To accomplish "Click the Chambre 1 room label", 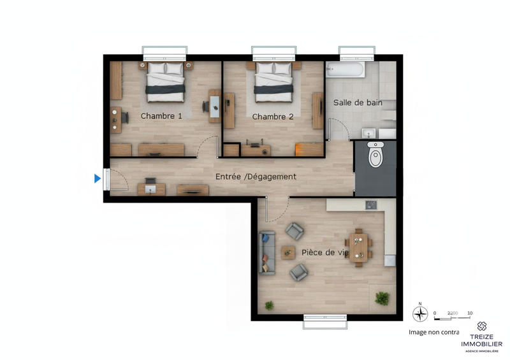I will tap(161, 116).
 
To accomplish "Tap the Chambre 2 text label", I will tap(273, 117).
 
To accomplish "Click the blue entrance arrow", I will tap(98, 178).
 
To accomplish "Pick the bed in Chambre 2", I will tap(274, 81).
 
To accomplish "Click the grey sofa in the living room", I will tap(266, 253).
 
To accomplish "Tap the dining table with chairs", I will tap(358, 247).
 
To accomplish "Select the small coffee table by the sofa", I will tap(289, 252).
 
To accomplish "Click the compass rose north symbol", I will tap(419, 313).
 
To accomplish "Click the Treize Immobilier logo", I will tap(481, 335).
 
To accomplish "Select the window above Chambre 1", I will tap(164, 52).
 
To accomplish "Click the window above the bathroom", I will tap(356, 52).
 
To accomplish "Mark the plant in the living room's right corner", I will tap(382, 297).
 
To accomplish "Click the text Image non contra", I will tap(433, 332).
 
